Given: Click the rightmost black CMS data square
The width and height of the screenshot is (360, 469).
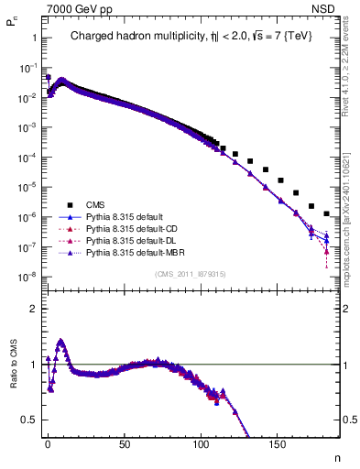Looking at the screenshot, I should coord(327,213).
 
